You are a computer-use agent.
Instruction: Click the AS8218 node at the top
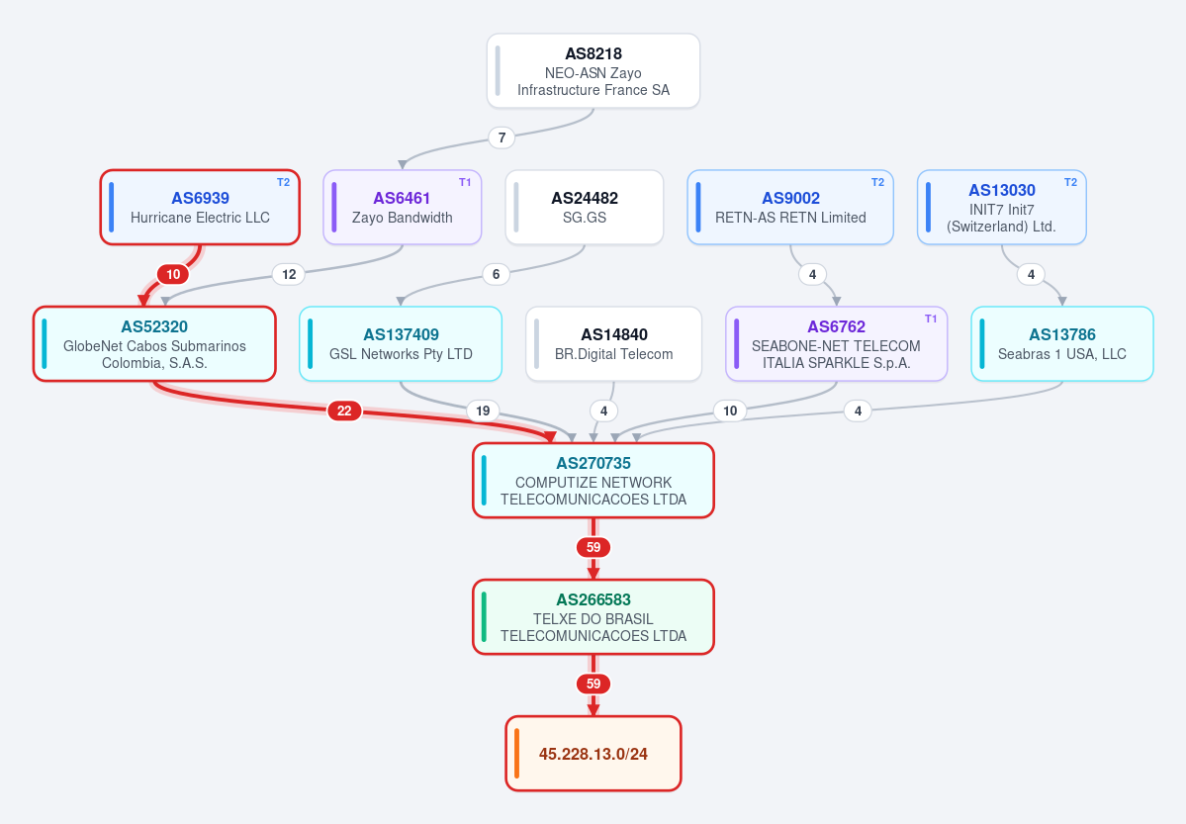tap(593, 71)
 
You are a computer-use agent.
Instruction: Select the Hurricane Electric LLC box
tap(200, 208)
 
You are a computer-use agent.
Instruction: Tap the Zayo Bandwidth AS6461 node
tap(403, 208)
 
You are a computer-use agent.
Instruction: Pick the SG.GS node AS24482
tap(585, 208)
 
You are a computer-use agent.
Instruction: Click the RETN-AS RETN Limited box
tap(790, 208)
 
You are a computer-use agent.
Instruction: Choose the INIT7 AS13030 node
tap(1001, 208)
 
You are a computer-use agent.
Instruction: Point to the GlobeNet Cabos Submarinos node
tap(154, 343)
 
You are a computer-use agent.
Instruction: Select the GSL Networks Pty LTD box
tap(401, 343)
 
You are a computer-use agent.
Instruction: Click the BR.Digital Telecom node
tap(613, 343)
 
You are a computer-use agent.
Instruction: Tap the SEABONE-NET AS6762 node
tap(836, 343)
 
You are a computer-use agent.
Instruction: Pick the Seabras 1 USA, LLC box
tap(1062, 343)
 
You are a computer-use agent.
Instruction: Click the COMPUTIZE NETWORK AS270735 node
tap(593, 481)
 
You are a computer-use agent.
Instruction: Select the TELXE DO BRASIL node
tap(593, 616)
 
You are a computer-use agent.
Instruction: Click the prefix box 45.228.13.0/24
tap(593, 754)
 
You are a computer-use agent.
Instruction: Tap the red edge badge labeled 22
tap(344, 411)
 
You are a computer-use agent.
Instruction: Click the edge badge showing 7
tap(502, 137)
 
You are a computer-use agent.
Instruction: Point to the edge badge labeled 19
tap(483, 411)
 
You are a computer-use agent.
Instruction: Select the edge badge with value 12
tap(289, 275)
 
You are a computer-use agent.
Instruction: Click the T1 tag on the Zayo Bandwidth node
tap(465, 182)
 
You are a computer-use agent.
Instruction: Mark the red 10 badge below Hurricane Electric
tap(173, 275)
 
